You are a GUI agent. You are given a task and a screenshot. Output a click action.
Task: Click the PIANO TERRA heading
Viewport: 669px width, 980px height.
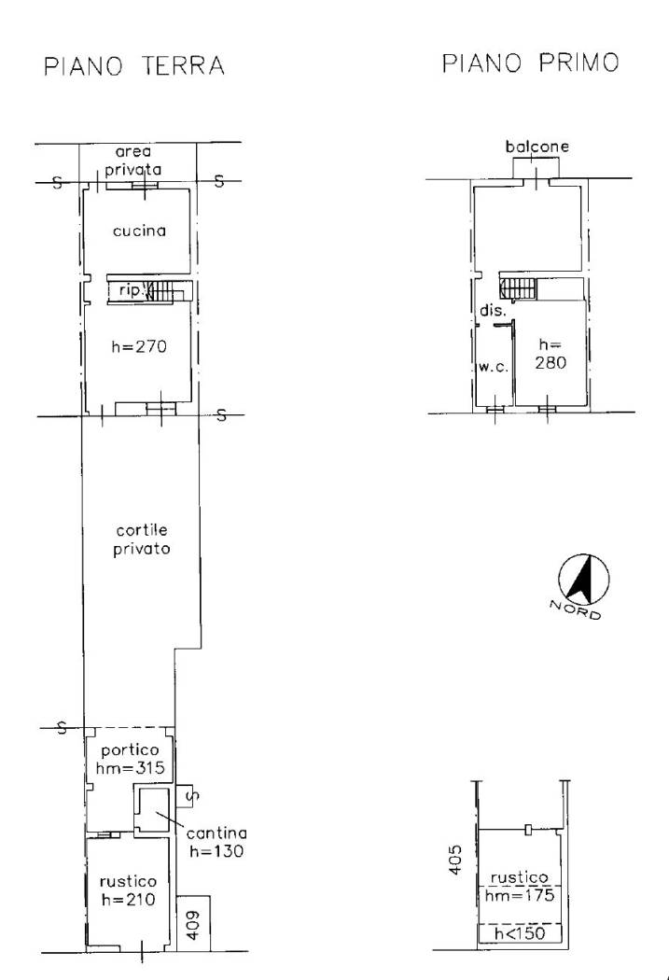[x=134, y=65]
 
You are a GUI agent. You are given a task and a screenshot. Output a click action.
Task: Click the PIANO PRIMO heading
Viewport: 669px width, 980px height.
[x=531, y=63]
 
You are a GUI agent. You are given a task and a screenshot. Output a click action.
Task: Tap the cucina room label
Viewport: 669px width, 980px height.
[x=139, y=231]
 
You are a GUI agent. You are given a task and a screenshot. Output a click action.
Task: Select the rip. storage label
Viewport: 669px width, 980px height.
[x=130, y=290]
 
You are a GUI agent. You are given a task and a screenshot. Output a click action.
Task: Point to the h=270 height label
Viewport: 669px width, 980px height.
[x=139, y=346]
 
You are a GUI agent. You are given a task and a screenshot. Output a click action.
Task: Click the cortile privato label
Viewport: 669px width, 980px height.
[x=142, y=539]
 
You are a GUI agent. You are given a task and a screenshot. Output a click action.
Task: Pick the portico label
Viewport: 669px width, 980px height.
[x=130, y=750]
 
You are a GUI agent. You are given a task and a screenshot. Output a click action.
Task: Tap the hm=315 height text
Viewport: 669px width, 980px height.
[x=130, y=767]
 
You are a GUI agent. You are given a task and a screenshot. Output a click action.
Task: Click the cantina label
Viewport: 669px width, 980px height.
[x=216, y=833]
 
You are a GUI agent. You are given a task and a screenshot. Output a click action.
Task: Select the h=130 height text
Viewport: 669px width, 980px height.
[x=216, y=850]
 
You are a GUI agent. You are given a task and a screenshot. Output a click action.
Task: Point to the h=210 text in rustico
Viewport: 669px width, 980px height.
[x=128, y=900]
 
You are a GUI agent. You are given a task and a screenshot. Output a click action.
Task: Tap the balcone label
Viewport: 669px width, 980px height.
[x=537, y=147]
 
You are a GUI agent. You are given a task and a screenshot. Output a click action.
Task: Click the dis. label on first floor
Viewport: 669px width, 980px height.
[x=493, y=310]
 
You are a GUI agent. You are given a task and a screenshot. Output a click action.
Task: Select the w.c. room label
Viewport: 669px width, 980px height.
[x=494, y=367]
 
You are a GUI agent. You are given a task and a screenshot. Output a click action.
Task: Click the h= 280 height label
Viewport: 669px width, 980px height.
[x=551, y=354]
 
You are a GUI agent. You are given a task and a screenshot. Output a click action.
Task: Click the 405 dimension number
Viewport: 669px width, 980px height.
[x=455, y=860]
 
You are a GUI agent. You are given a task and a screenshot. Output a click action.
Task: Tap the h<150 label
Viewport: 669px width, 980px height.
[x=520, y=933]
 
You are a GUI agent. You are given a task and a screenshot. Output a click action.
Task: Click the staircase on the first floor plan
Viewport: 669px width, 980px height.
[x=519, y=288]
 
